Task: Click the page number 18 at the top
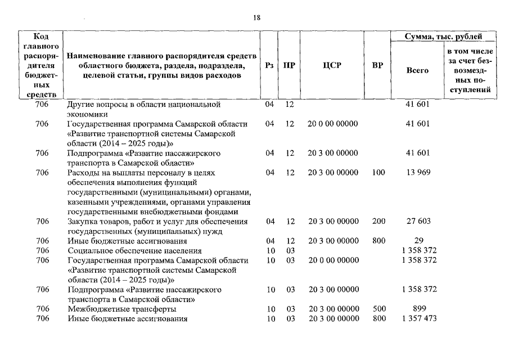(256, 17)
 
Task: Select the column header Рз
(269, 65)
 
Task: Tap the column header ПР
(289, 65)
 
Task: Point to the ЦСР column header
(333, 65)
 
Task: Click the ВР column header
(378, 65)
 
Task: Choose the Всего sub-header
(417, 70)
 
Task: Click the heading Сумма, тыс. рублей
(444, 37)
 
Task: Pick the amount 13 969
(417, 172)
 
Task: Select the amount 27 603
(417, 222)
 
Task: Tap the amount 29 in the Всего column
(417, 241)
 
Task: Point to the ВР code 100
(379, 172)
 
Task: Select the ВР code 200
(379, 222)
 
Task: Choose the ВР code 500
(379, 309)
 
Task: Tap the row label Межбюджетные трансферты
(121, 309)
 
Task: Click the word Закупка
(81, 222)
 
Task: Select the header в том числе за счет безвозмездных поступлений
(470, 70)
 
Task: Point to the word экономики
(85, 114)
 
